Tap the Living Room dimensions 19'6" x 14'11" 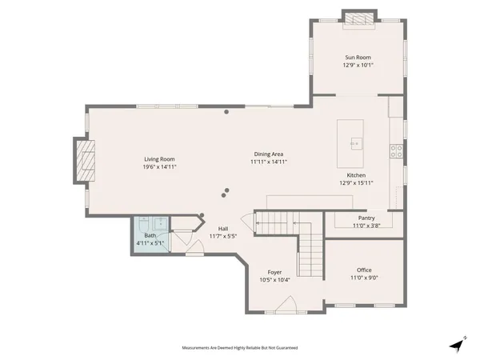(159, 167)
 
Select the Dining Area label (269, 154)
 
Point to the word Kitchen (356, 175)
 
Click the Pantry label (366, 218)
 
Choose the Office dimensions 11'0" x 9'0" (364, 278)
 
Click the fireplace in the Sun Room (358, 18)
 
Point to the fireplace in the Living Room (84, 162)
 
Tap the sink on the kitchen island (354, 144)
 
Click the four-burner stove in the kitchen (395, 150)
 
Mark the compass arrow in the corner (457, 344)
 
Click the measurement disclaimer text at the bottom (240, 348)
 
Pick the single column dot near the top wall (226, 112)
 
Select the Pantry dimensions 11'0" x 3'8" (366, 226)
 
